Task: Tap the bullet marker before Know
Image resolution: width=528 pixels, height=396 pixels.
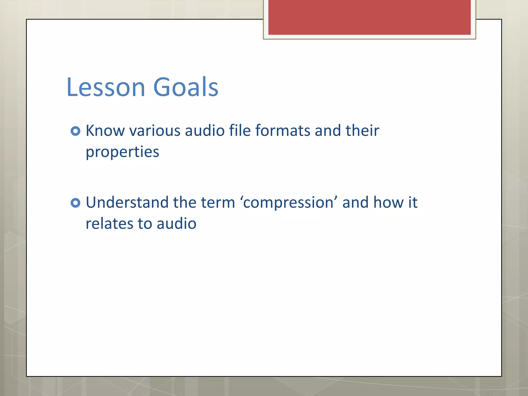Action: pos(75,131)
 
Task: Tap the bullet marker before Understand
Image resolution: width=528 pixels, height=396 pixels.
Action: pos(75,203)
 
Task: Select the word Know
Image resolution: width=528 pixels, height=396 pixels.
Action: pos(105,130)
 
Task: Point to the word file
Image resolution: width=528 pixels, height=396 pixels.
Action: pos(240,130)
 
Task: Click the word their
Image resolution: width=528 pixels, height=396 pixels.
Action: pos(362,130)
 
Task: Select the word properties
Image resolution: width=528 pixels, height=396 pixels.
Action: pos(122,152)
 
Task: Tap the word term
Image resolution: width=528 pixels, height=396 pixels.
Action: pos(218,202)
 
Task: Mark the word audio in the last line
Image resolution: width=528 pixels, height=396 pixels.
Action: pos(177,224)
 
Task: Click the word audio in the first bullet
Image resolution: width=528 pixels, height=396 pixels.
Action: pos(205,130)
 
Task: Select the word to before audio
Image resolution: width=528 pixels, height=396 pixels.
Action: pos(145,224)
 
